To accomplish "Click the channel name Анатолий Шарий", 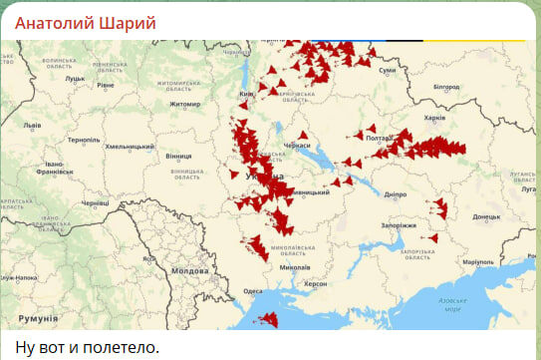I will coord(84,20).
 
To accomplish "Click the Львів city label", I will coord(32,126).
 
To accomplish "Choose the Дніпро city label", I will coord(395,194).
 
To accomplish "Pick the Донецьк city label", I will coord(486,216).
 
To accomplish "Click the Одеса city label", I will coord(253,291).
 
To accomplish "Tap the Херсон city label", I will coord(315,283).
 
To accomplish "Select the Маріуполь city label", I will coord(477,261).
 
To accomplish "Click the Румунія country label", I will coord(38,317).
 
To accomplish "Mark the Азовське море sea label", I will coord(452,304).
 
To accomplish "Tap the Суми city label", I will coord(388,71).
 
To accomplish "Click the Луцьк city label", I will coord(75,77).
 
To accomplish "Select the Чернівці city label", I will coord(95,202).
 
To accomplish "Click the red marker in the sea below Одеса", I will coord(268,319).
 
